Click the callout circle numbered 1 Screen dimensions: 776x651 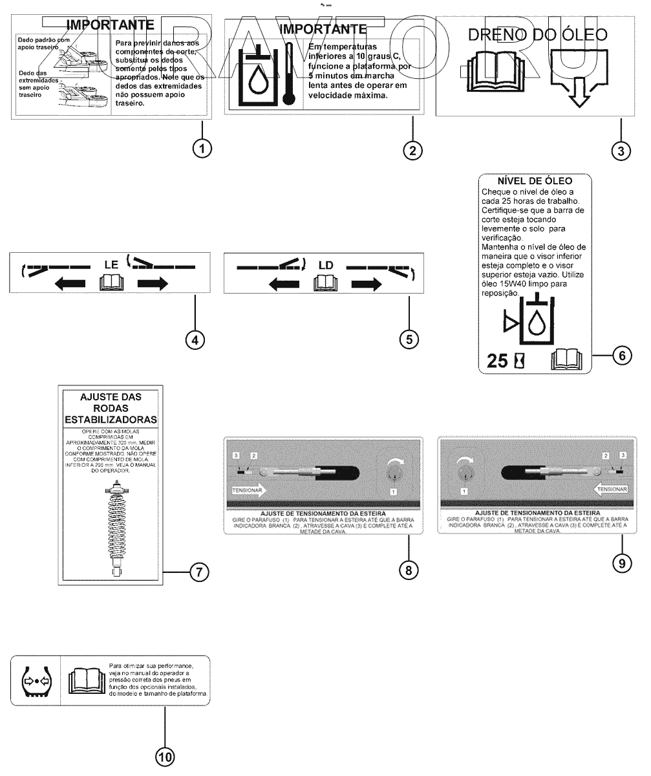pos(202,148)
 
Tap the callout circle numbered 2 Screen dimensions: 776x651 pos(412,150)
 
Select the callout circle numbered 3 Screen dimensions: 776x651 pos(621,151)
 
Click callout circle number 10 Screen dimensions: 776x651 pos(165,757)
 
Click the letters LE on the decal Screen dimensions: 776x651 pos(112,264)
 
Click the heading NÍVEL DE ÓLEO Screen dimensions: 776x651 pos(535,181)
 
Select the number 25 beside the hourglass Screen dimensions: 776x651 pos(497,361)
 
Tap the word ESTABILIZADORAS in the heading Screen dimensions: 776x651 pos(111,420)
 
